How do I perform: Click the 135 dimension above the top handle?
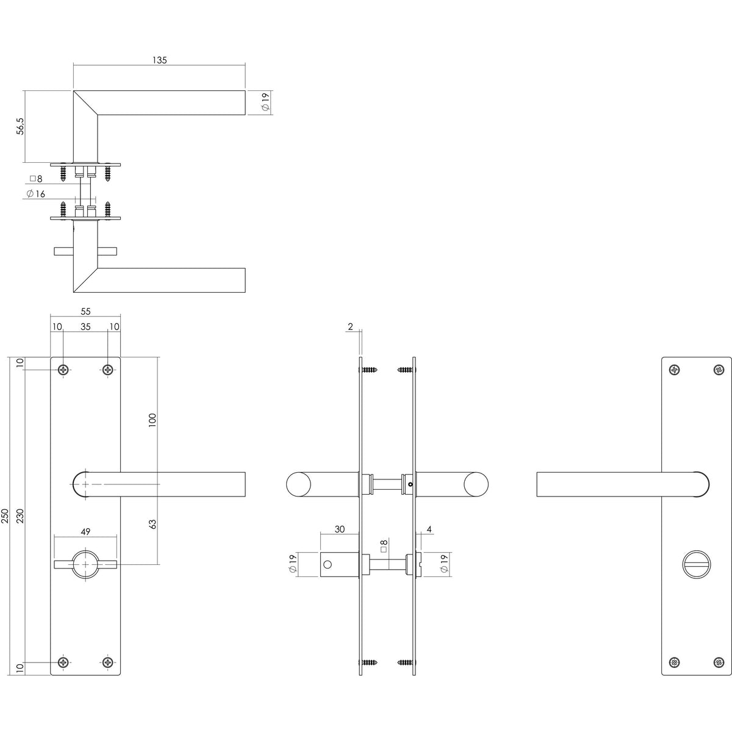coord(160,60)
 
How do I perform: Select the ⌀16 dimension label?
coord(36,194)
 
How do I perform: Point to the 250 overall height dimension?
coord(4,516)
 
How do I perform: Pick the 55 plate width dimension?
coord(85,311)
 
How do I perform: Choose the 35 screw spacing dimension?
coord(85,326)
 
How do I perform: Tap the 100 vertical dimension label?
coord(152,420)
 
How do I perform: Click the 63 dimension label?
coord(152,524)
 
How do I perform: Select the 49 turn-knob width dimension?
coord(85,531)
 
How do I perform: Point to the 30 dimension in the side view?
coord(340,529)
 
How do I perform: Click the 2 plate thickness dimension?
coord(350,326)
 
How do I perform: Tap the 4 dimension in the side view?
coord(429,529)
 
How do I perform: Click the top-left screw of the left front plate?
coord(63,369)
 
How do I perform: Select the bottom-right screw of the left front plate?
coord(108,673)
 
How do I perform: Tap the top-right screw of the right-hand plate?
coord(719,369)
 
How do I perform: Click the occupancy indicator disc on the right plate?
coord(696,564)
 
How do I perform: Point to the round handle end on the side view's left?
coord(298,484)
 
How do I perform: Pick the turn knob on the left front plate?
coord(85,565)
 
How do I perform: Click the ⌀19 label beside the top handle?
coord(265,102)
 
